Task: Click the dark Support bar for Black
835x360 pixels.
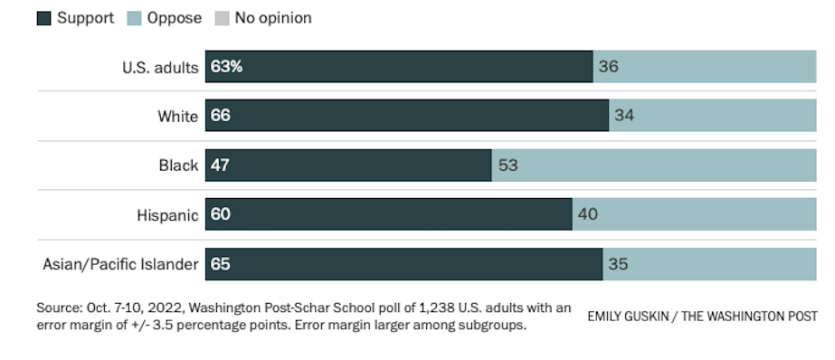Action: coord(348,166)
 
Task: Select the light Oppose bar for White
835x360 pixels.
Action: coord(713,116)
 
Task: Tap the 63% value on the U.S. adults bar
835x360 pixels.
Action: coord(226,67)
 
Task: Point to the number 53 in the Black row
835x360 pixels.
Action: coord(508,166)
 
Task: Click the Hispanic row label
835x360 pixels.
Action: coord(167,214)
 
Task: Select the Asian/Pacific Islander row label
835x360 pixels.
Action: coord(121,264)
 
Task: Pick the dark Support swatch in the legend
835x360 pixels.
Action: coord(43,19)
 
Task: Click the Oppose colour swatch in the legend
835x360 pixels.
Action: coord(134,19)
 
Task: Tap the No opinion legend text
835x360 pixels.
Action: coord(273,18)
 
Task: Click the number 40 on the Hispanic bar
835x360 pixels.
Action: coord(588,214)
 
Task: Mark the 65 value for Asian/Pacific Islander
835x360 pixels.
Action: coord(221,264)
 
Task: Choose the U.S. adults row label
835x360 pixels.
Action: coord(160,68)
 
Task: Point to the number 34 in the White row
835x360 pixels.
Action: coord(624,116)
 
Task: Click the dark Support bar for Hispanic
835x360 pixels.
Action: coord(389,214)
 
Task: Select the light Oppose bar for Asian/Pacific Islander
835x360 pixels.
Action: coord(709,264)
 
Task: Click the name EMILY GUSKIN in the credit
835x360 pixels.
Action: coord(626,317)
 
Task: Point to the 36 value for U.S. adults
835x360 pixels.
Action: coord(608,67)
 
